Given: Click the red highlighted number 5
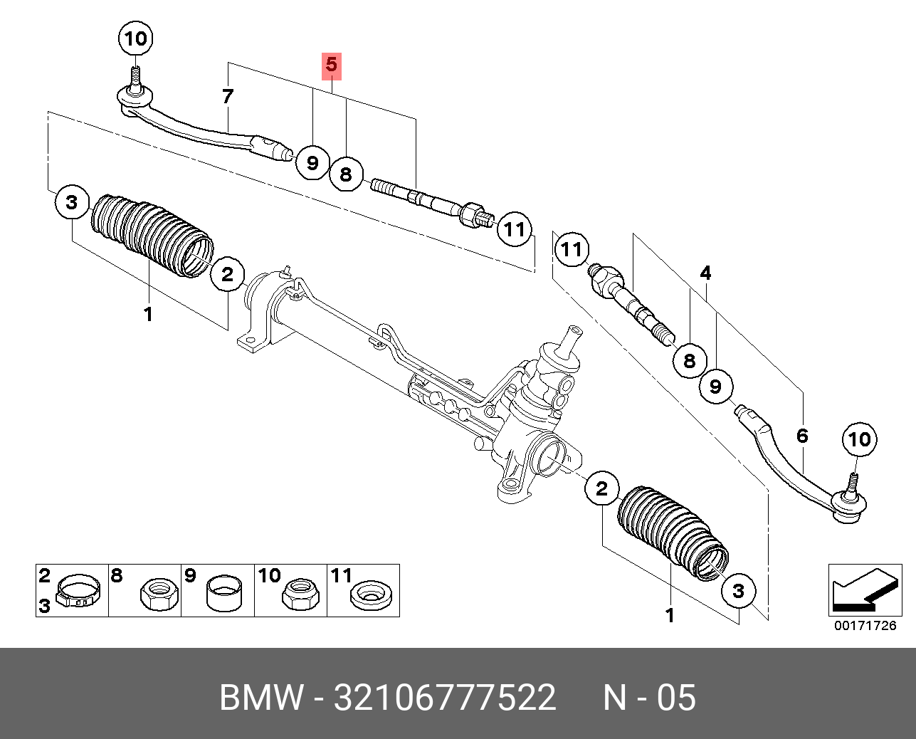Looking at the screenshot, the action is [332, 65].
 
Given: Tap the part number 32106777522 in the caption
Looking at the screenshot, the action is [445, 697].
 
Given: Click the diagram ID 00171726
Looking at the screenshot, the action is [865, 626].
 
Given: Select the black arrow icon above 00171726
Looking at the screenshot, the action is [865, 590].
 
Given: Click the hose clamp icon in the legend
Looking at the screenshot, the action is [78, 590].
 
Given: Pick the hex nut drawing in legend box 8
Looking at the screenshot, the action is [159, 593].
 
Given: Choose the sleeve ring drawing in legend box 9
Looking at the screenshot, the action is [224, 593].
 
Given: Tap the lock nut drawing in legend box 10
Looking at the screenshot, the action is [300, 593].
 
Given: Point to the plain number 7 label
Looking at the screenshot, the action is [228, 97].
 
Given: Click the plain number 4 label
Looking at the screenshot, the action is [705, 273].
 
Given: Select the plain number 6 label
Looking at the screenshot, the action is [802, 436].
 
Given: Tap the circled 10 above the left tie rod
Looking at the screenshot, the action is [136, 38].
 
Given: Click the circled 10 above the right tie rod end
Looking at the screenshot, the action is [859, 439].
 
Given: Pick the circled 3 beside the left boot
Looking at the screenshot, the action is [72, 202].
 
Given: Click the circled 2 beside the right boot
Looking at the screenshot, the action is [601, 488].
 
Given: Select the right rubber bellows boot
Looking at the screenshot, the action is [673, 533].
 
